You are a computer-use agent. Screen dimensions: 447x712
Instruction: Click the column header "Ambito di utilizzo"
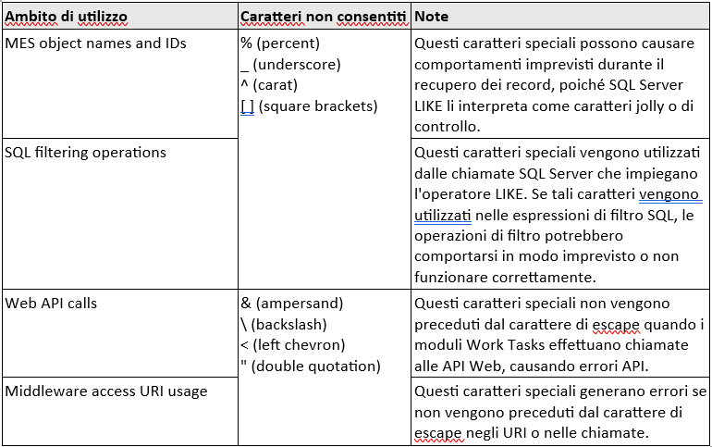[67, 18]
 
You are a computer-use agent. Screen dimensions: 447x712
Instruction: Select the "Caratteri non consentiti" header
[323, 18]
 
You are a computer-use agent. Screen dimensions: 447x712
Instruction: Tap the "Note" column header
[432, 18]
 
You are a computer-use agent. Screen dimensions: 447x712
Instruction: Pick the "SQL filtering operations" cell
[86, 151]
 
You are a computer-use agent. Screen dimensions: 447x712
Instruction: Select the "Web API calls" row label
[51, 303]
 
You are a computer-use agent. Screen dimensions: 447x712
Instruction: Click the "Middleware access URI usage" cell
[106, 391]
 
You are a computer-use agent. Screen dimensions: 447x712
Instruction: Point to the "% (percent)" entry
[279, 43]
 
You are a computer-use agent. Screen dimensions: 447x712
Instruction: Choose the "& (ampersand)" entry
[291, 303]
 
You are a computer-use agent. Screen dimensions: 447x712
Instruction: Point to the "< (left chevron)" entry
[292, 344]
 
